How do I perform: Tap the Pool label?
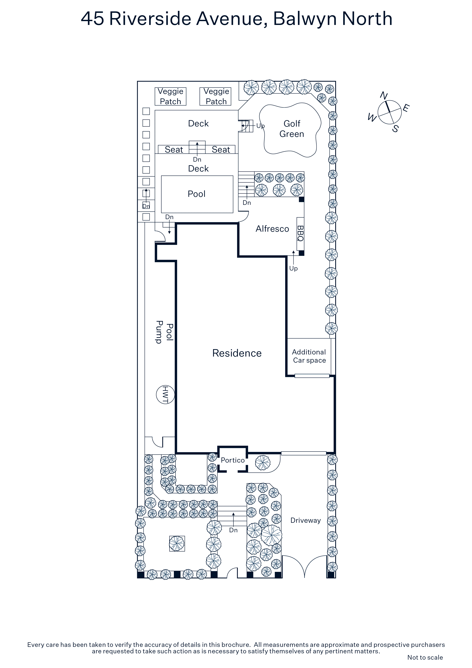[197, 194]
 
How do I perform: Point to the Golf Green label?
[292, 129]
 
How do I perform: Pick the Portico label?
[233, 460]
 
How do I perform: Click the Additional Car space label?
[309, 356]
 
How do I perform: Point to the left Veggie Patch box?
[170, 96]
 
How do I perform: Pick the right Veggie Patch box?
[216, 96]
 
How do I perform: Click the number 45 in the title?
[92, 19]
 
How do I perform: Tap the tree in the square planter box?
[177, 543]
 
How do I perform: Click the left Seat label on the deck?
[174, 150]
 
